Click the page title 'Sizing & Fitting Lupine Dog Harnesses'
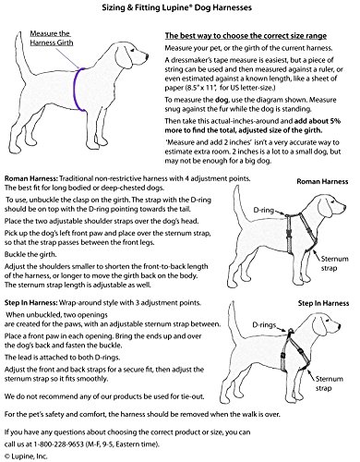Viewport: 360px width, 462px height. tap(177, 7)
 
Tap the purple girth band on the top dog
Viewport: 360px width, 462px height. tap(76, 90)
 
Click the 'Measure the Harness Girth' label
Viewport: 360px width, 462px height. tap(52, 38)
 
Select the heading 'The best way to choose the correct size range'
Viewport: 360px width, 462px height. tap(246, 36)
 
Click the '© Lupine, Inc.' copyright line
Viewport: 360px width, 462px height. tap(26, 456)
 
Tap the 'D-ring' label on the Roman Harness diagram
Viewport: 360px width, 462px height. tap(263, 210)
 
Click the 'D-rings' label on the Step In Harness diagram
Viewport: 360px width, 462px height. tap(264, 325)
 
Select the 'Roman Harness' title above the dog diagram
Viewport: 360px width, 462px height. tap(322, 181)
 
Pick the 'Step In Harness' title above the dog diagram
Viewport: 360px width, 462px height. tap(323, 303)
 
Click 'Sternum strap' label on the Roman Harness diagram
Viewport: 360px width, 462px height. tap(334, 263)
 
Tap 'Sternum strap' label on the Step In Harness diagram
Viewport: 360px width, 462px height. tap(330, 383)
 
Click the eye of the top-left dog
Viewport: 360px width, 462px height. tap(131, 50)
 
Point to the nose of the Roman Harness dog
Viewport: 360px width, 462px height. tap(344, 209)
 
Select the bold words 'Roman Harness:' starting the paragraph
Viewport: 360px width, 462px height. tap(31, 178)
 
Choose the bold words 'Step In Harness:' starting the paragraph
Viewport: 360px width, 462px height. tap(31, 303)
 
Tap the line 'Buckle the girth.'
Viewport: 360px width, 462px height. tap(30, 254)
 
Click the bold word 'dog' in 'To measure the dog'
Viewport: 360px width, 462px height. tap(222, 100)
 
